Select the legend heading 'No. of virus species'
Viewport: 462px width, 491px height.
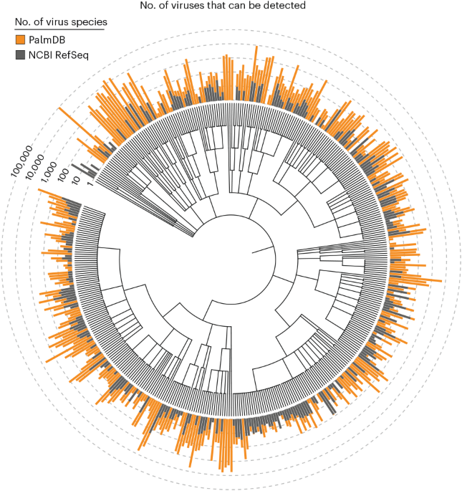pyautogui.click(x=60, y=22)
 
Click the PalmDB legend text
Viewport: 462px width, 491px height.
pyautogui.click(x=49, y=40)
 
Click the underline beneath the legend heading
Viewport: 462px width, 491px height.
pyautogui.click(x=60, y=30)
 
